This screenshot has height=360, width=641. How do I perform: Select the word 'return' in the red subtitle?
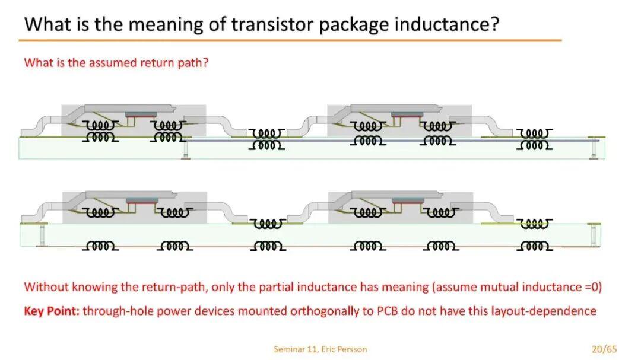tap(157, 63)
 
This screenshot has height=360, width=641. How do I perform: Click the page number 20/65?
tap(604, 349)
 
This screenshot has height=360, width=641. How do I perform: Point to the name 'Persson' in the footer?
tap(352, 349)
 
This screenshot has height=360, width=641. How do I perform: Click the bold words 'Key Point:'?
tap(52, 311)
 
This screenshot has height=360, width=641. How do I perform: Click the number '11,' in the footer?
tap(313, 349)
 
